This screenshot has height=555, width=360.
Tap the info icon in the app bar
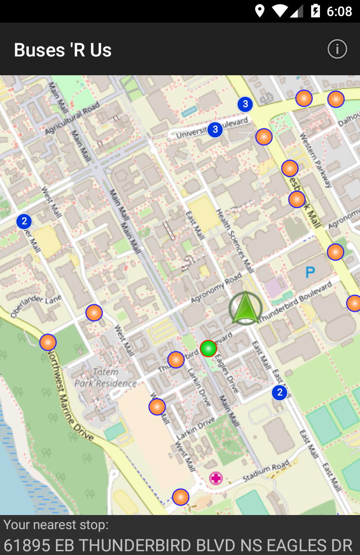(x=337, y=49)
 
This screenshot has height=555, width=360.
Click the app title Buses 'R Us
(x=63, y=50)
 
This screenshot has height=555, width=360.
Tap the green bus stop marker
(x=208, y=349)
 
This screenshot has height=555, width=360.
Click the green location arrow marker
(x=245, y=309)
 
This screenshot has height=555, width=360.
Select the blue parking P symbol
(x=310, y=272)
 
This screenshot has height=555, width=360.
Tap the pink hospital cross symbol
(x=216, y=479)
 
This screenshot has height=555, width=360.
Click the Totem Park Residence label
(x=106, y=378)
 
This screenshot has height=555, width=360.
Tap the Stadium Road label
(x=266, y=472)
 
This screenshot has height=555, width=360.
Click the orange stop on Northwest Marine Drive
(x=48, y=342)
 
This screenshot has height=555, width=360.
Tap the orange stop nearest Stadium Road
(x=181, y=497)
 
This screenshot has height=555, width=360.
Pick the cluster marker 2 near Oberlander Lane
(x=24, y=221)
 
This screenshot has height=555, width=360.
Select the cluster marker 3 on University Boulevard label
(x=215, y=129)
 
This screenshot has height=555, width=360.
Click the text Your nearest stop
(x=56, y=524)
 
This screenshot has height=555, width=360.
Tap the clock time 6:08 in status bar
(x=339, y=11)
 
